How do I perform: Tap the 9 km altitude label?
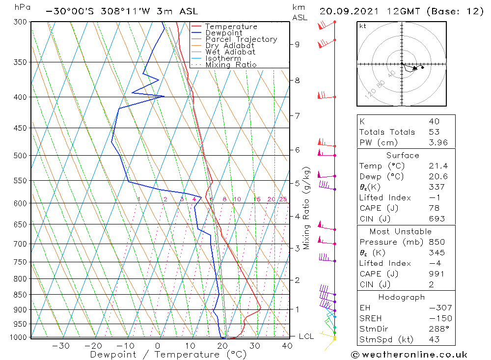[x=297, y=44]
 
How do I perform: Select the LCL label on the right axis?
[x=306, y=336]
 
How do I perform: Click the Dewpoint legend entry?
[x=223, y=33]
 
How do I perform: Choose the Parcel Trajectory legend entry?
[x=241, y=39]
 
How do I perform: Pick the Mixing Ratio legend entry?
[x=231, y=65]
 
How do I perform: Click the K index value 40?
[x=434, y=121]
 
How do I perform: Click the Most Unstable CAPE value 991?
[x=436, y=274]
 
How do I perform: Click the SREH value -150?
[x=436, y=318]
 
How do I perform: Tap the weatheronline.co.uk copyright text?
[x=409, y=355]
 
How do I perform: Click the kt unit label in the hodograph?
[x=362, y=26]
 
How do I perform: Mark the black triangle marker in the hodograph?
[x=415, y=68]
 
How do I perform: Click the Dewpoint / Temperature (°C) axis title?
[x=168, y=354]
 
